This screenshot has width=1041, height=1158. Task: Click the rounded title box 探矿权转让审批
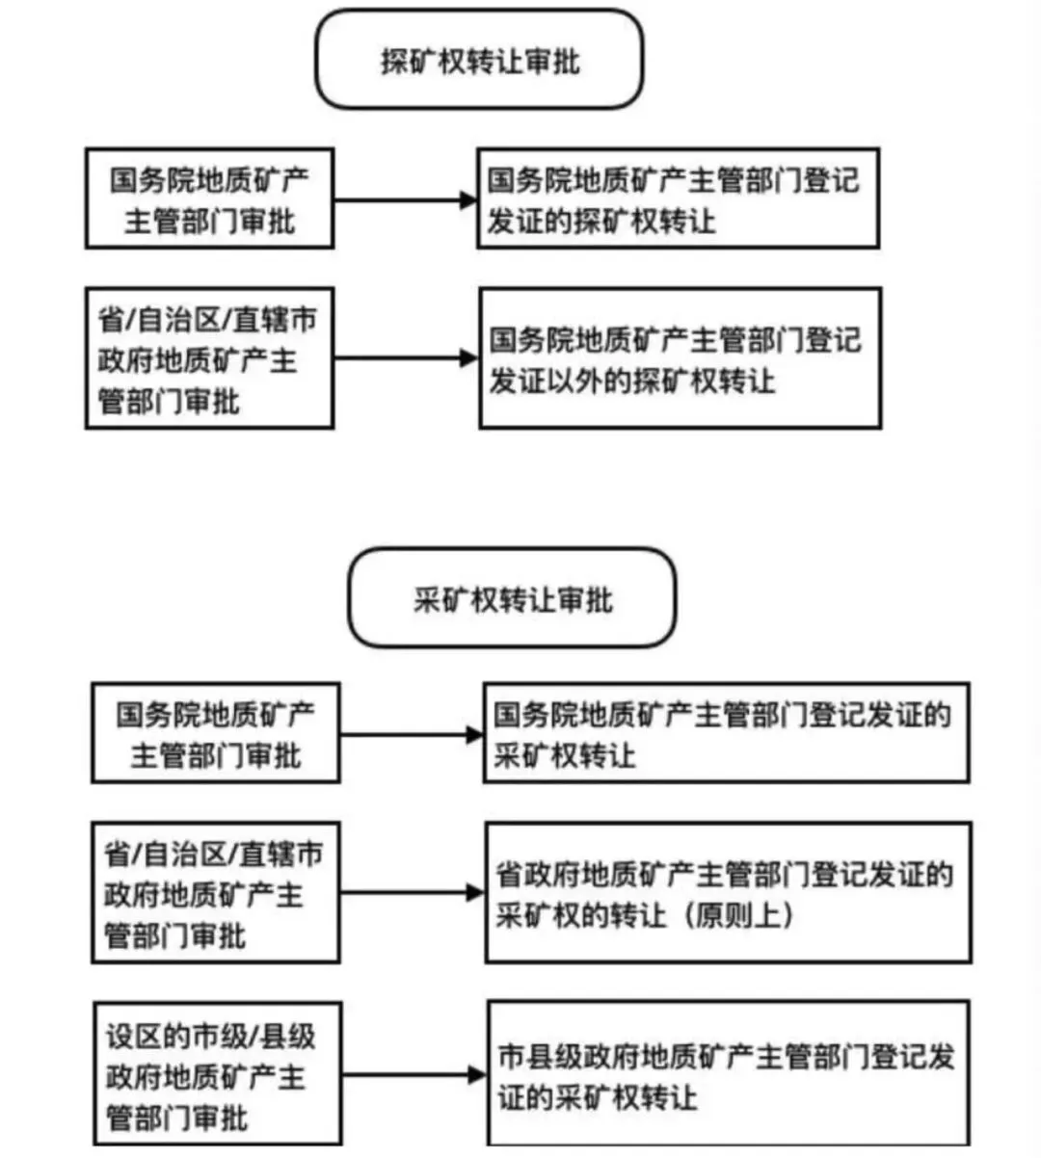[479, 60]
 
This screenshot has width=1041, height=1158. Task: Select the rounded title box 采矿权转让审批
[512, 599]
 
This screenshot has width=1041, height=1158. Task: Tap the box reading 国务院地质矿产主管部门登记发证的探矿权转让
[678, 198]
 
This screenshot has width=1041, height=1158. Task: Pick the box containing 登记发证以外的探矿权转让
[680, 358]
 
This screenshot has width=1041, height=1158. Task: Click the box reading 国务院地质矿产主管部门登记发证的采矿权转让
[726, 733]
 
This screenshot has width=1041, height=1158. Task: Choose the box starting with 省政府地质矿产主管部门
[728, 893]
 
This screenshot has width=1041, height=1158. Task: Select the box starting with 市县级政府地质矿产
[728, 1074]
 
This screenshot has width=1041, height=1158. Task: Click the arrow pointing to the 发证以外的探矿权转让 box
[406, 358]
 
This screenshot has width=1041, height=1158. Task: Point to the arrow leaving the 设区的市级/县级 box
[414, 1074]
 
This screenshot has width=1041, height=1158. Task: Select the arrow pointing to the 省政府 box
[412, 893]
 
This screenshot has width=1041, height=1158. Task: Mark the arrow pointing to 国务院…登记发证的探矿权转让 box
[405, 200]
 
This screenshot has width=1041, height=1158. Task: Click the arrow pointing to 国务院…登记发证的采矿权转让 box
[411, 735]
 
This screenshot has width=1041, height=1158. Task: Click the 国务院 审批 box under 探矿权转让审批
[209, 198]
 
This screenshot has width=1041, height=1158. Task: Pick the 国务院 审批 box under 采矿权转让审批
[216, 733]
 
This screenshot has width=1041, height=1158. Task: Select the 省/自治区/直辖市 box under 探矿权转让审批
[209, 358]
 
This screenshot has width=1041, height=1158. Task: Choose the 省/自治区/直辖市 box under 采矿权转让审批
[216, 893]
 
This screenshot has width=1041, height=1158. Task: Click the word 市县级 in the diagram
[540, 1056]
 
